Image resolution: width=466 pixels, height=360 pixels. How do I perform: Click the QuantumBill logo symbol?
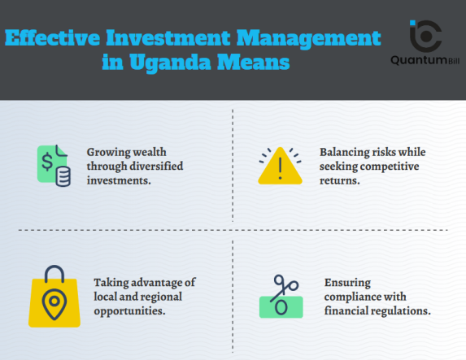click(x=425, y=35)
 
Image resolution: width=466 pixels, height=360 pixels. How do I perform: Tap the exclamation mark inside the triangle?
click(x=279, y=169)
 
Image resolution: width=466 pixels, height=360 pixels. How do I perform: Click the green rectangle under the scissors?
click(x=280, y=307)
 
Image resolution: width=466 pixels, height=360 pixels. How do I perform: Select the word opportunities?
click(x=130, y=311)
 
